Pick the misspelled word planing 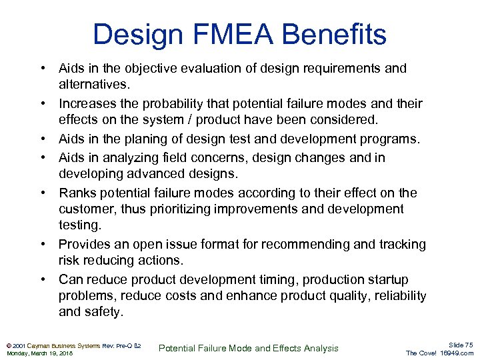coord(157,139)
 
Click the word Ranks coord(77,193)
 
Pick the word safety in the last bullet coord(104,311)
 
